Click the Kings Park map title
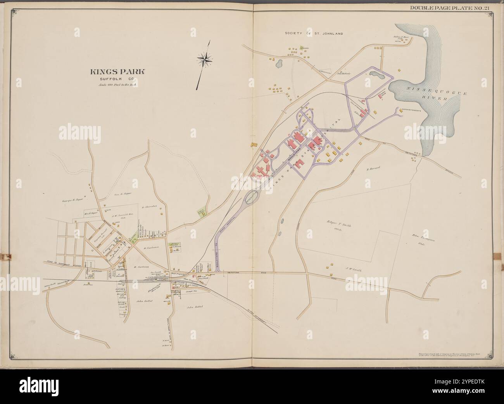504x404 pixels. [x=117, y=72]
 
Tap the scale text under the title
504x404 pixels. [x=117, y=84]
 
